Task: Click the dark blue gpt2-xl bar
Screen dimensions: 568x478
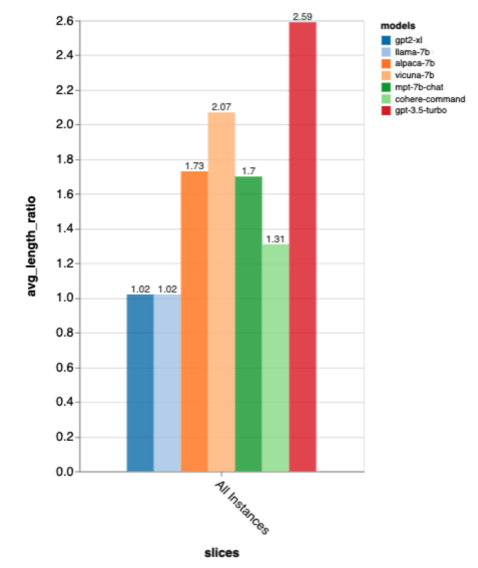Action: (x=140, y=383)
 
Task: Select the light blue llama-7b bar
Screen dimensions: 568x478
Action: (x=167, y=383)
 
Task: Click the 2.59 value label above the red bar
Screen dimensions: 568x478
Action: (x=302, y=17)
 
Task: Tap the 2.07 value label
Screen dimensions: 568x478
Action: (x=221, y=106)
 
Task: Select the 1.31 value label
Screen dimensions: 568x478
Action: (x=275, y=239)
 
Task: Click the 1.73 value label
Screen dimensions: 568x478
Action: (x=194, y=166)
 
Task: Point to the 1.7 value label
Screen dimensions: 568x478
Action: (x=248, y=171)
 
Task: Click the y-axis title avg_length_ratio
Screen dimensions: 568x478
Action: (x=32, y=246)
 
